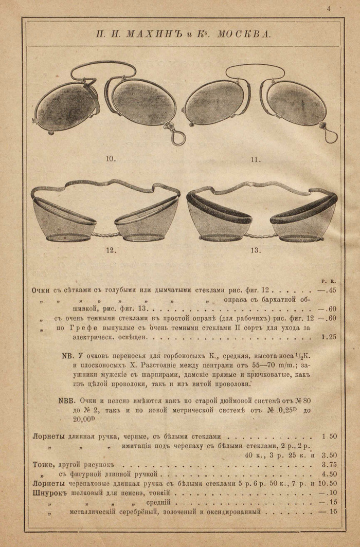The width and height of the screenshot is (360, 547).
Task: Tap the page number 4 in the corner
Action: point(328,8)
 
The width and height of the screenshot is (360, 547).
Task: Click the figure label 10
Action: point(111,159)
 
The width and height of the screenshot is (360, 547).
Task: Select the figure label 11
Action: point(256,159)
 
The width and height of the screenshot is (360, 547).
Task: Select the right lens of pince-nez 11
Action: point(296,103)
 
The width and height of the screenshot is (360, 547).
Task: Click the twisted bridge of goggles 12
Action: point(105,234)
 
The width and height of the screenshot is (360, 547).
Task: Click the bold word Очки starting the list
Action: point(40,290)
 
